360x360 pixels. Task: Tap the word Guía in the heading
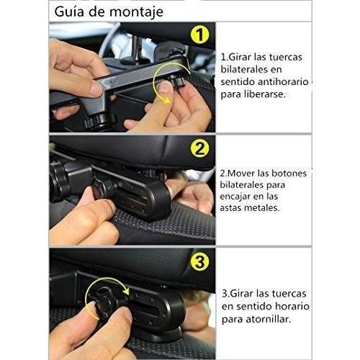(x=70, y=11)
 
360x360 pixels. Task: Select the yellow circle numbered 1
(x=199, y=35)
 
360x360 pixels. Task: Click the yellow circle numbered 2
(x=199, y=148)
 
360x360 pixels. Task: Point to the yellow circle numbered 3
(x=199, y=261)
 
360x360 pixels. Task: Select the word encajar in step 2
(x=235, y=197)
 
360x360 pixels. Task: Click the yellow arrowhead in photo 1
(x=166, y=99)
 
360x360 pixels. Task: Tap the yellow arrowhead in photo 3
(x=125, y=291)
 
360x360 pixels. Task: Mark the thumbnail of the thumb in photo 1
(x=165, y=87)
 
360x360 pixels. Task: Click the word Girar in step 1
(x=240, y=57)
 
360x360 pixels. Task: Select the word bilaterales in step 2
(x=253, y=185)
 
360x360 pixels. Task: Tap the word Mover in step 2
(x=240, y=174)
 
